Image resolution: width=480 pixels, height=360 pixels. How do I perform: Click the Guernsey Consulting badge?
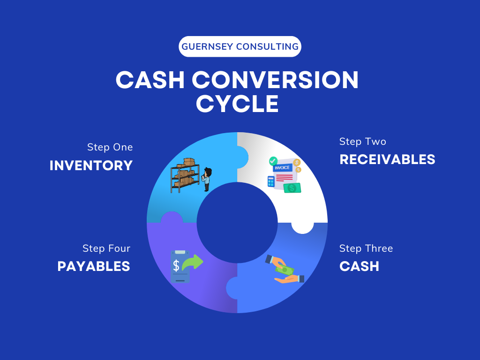pyautogui.click(x=240, y=46)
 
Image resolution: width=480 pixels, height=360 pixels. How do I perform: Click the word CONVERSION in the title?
pyautogui.click(x=276, y=80)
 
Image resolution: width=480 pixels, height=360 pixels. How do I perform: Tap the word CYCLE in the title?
pyautogui.click(x=237, y=104)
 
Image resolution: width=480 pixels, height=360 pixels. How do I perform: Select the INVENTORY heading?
pyautogui.click(x=91, y=165)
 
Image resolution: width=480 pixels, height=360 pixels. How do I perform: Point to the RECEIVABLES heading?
pyautogui.click(x=387, y=159)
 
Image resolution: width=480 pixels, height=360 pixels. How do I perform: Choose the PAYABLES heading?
pyautogui.click(x=94, y=266)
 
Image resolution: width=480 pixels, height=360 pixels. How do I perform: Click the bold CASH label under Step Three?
pyautogui.click(x=359, y=266)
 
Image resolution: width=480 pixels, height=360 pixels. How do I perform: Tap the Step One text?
pyautogui.click(x=110, y=147)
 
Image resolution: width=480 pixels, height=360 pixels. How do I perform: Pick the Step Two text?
pyautogui.click(x=362, y=142)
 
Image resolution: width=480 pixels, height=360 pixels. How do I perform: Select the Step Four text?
pyautogui.click(x=106, y=248)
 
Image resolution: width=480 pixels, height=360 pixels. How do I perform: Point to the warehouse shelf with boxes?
pyautogui.click(x=185, y=175)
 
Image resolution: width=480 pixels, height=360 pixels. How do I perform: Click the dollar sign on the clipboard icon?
pyautogui.click(x=176, y=266)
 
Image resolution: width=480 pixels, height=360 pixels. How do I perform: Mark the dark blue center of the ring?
pyautogui.click(x=237, y=223)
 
